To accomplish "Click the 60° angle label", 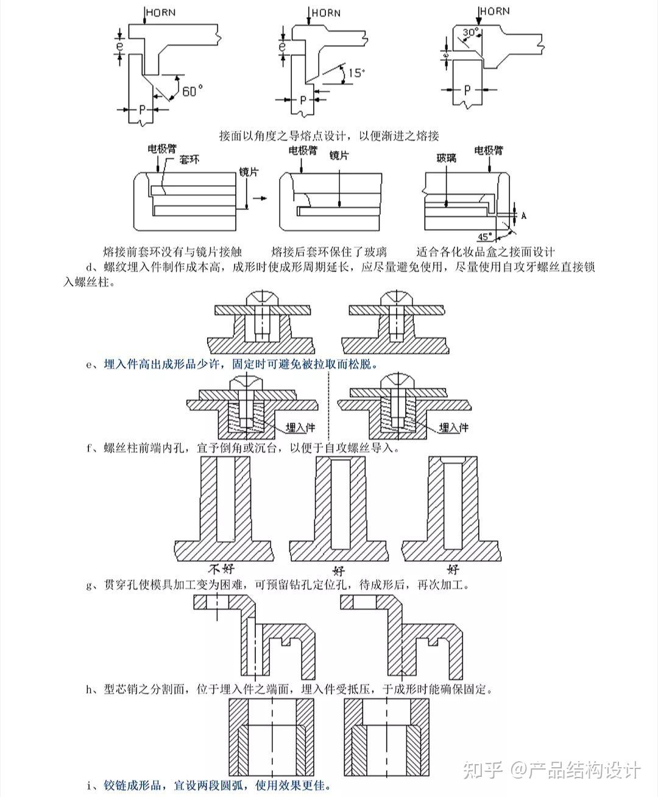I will coord(192,91).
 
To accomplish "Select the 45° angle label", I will coord(484,236).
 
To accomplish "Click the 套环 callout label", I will coord(189,160).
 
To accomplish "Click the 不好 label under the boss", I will coord(222,570).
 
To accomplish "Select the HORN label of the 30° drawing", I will coord(494,10).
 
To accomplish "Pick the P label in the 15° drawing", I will coord(303,99).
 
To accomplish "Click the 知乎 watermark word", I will coord(483,770).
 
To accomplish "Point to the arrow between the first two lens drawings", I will coord(260,199).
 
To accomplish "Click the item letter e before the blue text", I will coord(90,365).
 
